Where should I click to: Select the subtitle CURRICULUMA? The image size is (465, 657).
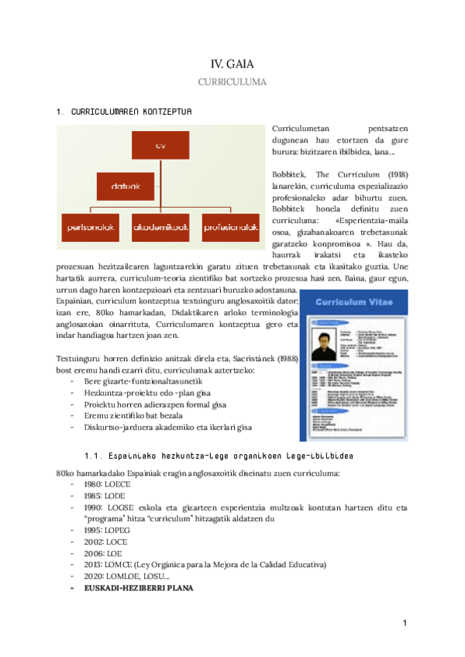tap(232, 81)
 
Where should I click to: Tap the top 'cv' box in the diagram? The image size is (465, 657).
tap(161, 145)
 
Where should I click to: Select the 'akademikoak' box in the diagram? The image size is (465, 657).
tap(161, 227)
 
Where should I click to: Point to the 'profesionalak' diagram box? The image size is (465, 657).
tap(229, 227)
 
